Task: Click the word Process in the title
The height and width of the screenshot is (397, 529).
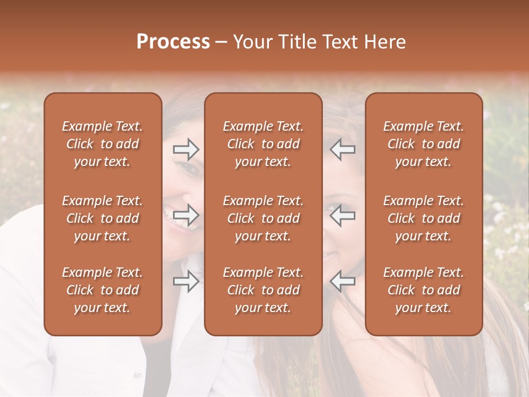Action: coord(173,42)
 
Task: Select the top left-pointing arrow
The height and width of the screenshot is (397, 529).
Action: coord(342,149)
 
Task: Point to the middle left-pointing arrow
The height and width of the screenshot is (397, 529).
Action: coord(342,215)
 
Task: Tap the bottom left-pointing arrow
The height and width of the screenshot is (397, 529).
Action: coord(342,281)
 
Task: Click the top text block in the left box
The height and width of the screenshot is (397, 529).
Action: coord(102,144)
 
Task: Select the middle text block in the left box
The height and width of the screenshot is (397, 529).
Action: coord(102,218)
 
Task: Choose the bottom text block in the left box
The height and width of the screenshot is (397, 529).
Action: coord(102,290)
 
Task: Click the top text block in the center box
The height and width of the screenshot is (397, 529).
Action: coord(263,144)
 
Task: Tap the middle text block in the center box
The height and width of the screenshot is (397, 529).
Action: coord(263,218)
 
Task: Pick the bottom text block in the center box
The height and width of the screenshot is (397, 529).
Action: coord(263,290)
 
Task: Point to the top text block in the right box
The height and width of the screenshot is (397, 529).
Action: coord(424,144)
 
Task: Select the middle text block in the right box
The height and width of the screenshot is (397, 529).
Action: coord(424,218)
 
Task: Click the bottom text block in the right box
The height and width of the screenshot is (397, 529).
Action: coord(424,290)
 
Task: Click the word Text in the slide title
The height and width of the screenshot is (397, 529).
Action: coord(337,42)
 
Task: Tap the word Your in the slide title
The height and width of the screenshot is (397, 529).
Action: coord(251,42)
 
